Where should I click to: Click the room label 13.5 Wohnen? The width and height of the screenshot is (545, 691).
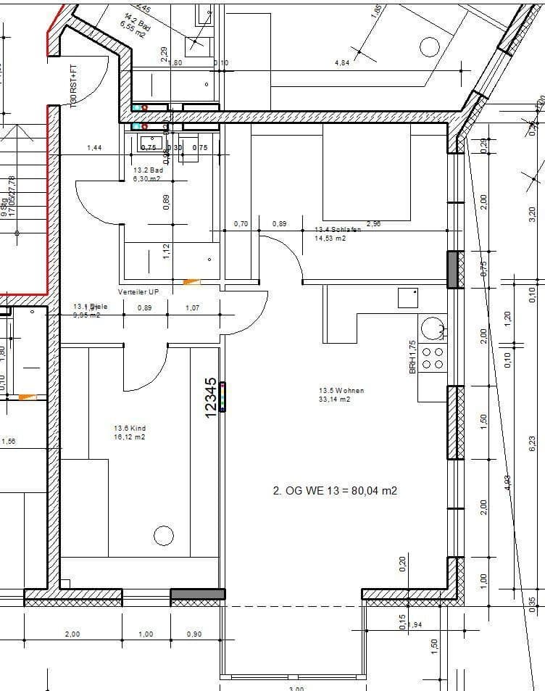tap(341, 390)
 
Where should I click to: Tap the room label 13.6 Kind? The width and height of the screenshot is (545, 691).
tap(129, 429)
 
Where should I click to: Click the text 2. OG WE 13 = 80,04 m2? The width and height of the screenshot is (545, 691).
tap(335, 490)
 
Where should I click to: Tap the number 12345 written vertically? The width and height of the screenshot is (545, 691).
tap(211, 397)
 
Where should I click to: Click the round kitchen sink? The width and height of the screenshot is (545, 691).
tap(433, 327)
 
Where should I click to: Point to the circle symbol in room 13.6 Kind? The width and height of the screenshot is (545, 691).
tap(164, 537)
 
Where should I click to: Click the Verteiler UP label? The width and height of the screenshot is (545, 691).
tap(138, 291)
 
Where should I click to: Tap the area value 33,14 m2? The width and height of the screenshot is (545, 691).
tap(334, 399)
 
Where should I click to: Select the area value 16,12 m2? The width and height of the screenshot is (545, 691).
tap(129, 437)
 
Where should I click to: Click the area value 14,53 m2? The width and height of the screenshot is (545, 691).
tap(330, 238)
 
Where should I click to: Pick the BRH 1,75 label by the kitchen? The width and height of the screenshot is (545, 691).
tap(412, 357)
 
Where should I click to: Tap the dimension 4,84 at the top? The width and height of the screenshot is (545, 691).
tap(342, 63)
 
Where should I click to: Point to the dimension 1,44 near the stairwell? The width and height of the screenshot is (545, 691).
tap(94, 148)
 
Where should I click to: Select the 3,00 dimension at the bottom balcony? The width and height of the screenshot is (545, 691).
tap(296, 688)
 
